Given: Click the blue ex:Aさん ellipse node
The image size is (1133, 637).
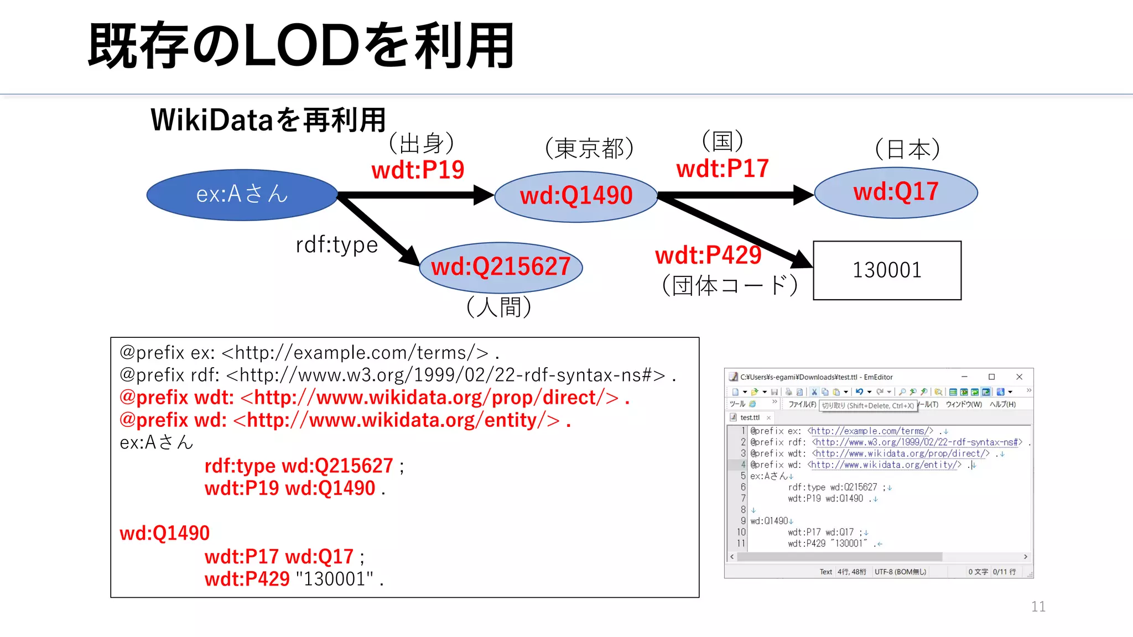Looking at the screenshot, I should point(242,195).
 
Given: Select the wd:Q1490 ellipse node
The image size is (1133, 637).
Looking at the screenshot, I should point(575,196).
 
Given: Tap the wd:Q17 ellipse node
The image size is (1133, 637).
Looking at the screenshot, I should point(896,192).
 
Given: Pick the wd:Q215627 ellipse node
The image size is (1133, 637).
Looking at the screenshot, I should point(501,267).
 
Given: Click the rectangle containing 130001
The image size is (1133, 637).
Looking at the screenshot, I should point(887,270).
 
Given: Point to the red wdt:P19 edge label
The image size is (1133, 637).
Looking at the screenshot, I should point(418,170).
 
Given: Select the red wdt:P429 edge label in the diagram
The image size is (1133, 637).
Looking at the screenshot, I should point(708,255).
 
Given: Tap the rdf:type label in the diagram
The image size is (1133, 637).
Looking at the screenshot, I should point(336,245).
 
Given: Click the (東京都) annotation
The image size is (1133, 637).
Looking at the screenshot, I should point(589,148).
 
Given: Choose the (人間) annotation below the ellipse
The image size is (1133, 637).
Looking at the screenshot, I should point(498,307).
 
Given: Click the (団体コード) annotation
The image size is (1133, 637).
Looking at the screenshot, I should point(730,286).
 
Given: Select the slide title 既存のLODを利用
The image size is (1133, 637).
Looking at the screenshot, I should point(301,46).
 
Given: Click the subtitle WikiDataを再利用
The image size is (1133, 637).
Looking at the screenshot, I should point(268,120).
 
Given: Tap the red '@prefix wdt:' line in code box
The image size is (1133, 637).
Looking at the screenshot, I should point(374,398).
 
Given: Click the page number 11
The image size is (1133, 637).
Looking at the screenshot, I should point(1038,607).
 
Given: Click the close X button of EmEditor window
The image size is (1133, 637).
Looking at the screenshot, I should point(1019,377).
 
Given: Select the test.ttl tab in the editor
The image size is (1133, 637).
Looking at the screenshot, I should point(750,417).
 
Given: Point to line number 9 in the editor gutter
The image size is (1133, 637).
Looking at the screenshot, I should point(743,521).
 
